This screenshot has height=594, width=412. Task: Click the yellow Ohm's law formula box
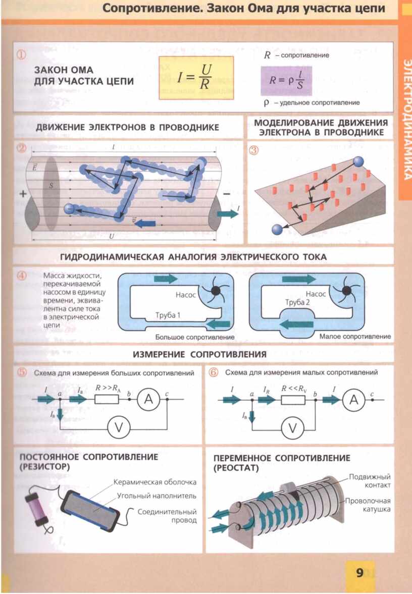coord(196,77)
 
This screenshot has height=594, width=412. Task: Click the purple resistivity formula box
coord(286,81)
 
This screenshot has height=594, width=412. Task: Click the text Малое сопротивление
coord(355,336)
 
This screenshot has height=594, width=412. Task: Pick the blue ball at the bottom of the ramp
coord(277,230)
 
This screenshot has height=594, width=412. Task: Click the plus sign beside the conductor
coord(22,193)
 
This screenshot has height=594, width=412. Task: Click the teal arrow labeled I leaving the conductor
coord(227,213)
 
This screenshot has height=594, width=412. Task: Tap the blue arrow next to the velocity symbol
coord(146,222)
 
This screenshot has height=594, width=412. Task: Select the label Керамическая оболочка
coord(154,482)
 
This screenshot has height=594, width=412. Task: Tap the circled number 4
coord(21,276)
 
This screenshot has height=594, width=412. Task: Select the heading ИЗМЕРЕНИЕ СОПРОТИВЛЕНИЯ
coord(199,354)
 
